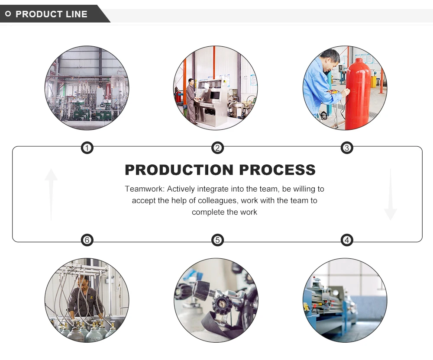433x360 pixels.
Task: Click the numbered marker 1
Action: (x=87, y=148)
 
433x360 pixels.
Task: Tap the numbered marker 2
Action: (x=217, y=148)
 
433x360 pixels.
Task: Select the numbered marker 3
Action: (x=346, y=148)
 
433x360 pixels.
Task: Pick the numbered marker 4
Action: (x=346, y=240)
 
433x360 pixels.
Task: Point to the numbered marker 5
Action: (x=217, y=240)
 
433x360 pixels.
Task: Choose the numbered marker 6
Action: (x=87, y=240)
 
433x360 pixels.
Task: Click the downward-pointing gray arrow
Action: (x=390, y=195)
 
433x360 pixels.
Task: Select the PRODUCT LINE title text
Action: (x=51, y=14)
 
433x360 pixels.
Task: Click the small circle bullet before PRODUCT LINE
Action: (x=8, y=14)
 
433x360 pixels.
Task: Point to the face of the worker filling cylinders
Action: (x=84, y=283)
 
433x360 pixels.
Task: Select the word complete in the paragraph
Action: (x=207, y=212)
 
